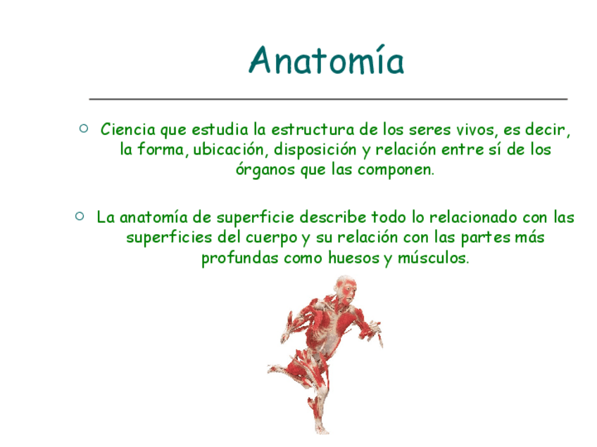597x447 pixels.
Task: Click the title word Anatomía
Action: point(326,60)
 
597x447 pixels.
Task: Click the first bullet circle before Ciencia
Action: point(84,128)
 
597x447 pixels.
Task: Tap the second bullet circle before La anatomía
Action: point(80,216)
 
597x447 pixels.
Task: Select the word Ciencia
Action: point(128,129)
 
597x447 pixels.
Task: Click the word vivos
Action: point(477,130)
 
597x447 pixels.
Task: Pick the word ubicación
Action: point(228,149)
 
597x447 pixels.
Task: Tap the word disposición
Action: point(315,150)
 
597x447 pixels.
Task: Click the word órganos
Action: point(265,169)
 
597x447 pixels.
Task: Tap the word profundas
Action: point(240,259)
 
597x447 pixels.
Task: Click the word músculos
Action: point(433,258)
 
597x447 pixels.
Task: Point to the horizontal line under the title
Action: point(328,99)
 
